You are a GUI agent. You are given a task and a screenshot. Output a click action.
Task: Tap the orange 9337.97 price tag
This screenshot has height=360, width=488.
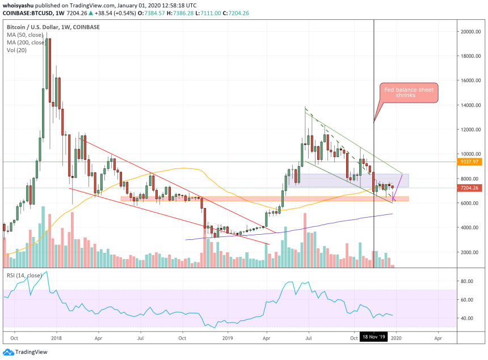(470, 162)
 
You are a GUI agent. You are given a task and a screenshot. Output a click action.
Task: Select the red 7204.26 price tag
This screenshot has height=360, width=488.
(470, 188)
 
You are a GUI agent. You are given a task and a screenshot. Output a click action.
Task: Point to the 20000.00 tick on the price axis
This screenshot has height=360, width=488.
(470, 32)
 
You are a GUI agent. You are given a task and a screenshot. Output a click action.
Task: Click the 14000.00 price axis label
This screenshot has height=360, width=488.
(470, 105)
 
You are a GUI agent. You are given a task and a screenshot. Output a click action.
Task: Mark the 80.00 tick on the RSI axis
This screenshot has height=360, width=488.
(466, 281)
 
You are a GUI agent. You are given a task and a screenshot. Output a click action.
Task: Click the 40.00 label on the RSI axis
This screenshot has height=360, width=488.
(466, 318)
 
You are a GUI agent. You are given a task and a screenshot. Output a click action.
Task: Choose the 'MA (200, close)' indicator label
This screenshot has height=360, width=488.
(27, 43)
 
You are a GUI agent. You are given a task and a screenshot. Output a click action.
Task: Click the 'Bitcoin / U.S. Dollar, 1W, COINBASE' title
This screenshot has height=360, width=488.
(54, 27)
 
